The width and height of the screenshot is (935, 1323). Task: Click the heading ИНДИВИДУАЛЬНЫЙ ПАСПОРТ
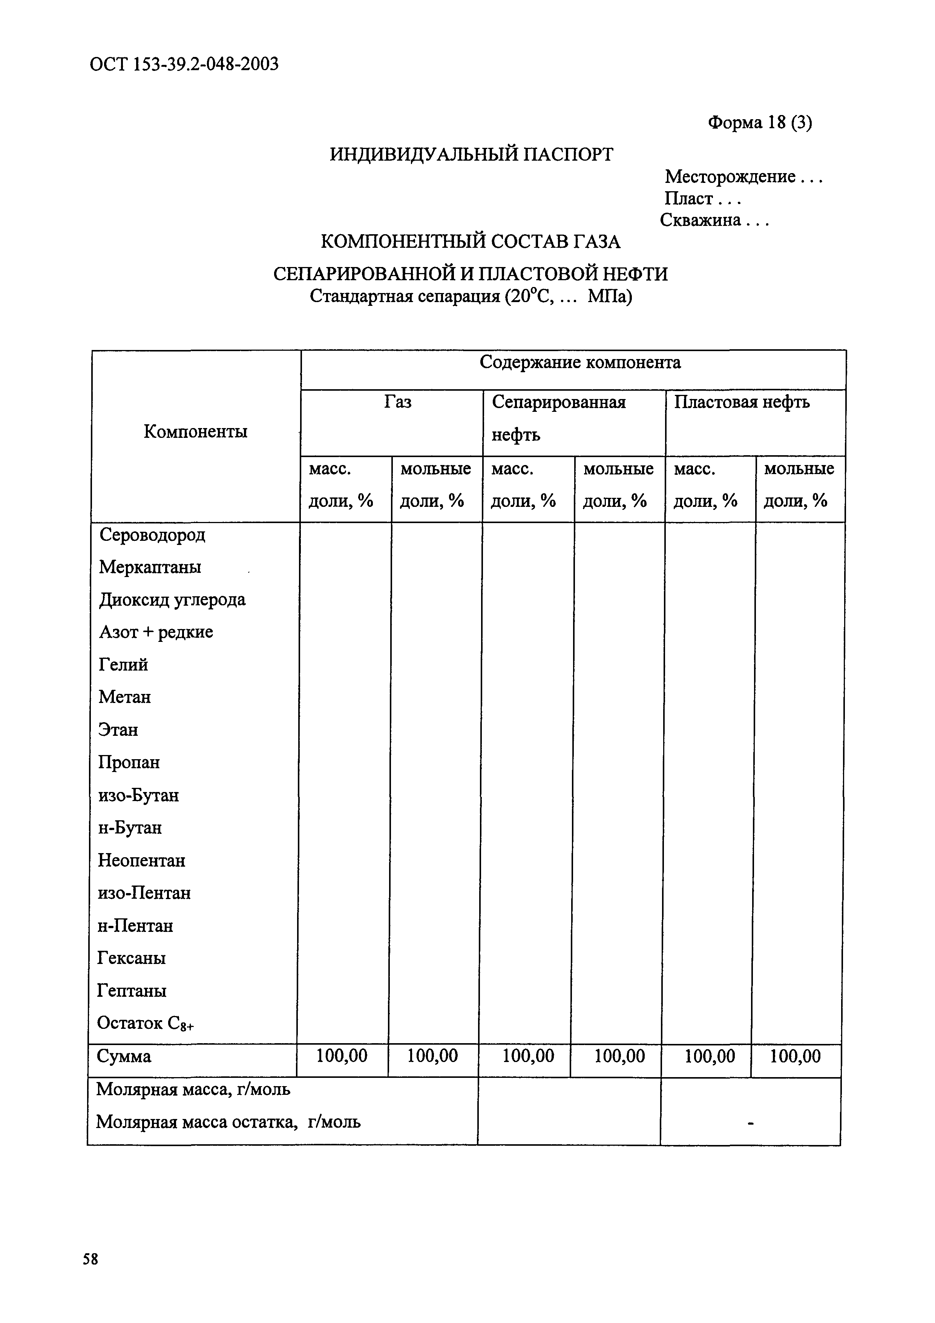point(471,154)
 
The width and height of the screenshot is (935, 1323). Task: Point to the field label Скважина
point(700,220)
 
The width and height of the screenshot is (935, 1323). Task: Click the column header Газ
point(397,402)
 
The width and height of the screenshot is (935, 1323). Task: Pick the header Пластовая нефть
point(742,402)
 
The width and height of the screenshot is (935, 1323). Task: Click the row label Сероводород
point(152,535)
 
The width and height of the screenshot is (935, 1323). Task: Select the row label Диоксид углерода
point(172,600)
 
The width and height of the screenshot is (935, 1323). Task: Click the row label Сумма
point(124,1057)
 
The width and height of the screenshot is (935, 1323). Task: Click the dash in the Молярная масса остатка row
point(750,1122)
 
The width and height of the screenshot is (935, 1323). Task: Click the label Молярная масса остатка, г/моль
point(228,1122)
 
